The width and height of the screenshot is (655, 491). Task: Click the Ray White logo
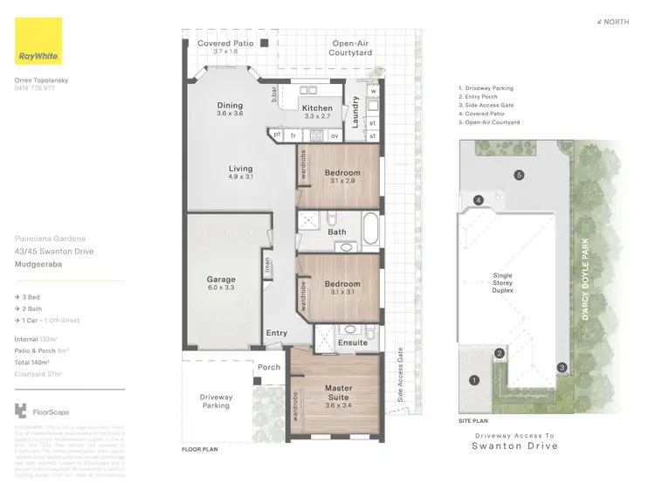point(38,41)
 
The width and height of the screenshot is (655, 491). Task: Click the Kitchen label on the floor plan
point(316,108)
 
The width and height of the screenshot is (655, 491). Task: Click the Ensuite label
point(352,342)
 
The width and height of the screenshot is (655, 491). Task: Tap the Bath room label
point(336,232)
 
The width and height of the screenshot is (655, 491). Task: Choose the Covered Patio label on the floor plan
point(225,44)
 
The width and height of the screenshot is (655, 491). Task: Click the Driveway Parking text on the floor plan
point(216,401)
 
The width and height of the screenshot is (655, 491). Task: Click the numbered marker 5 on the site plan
point(519,176)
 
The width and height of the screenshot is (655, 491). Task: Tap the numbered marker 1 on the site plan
point(473,380)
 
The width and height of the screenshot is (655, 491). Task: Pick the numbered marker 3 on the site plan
point(562,367)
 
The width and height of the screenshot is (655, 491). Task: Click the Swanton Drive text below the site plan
point(514,446)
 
